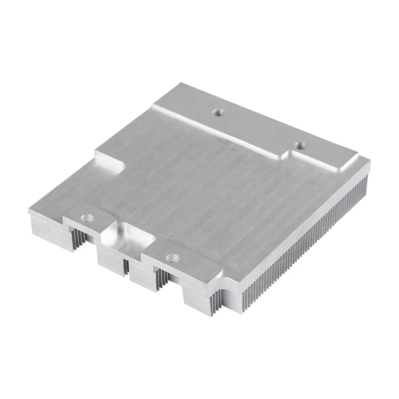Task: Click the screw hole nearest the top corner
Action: [218, 112]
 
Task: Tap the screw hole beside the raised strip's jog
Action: [300, 145]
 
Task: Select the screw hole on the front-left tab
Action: [87, 218]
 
